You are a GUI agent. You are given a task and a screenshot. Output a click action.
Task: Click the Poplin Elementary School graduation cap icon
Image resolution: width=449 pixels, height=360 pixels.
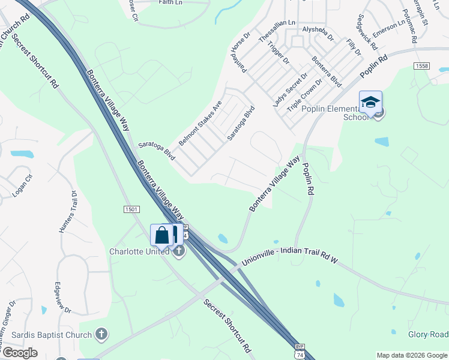(370, 101)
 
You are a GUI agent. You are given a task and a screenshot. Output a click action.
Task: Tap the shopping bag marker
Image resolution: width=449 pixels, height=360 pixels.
(161, 235)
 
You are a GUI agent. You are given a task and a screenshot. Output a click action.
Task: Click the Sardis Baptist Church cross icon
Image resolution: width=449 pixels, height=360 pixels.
(101, 334)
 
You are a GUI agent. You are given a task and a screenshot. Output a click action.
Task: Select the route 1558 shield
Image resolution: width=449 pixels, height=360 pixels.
(421, 65)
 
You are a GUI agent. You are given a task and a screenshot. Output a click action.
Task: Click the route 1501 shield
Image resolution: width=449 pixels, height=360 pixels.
(132, 209)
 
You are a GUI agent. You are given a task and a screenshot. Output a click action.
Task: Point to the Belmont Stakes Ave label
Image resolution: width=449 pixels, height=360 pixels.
(200, 122)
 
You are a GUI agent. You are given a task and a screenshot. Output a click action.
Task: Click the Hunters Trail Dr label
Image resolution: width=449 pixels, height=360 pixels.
(67, 212)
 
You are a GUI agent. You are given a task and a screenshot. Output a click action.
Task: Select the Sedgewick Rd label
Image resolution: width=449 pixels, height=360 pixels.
(367, 32)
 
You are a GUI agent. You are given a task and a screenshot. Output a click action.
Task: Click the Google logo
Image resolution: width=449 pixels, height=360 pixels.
(20, 353)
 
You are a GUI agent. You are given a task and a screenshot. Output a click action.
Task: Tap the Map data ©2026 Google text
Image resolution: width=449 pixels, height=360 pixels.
(411, 355)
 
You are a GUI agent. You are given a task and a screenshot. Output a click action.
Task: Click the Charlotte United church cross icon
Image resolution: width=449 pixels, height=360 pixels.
(179, 251)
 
